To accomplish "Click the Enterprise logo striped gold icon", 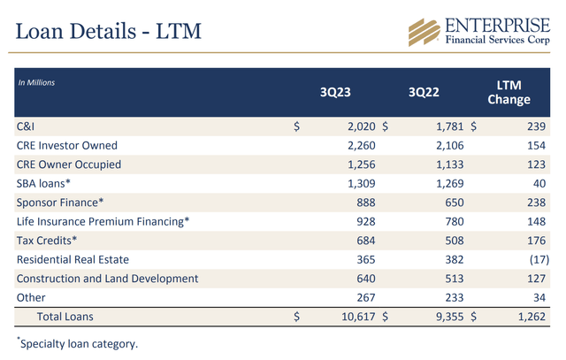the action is pos(424,33).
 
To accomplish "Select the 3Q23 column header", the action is pos(335,92).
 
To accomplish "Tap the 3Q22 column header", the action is pos(424,92).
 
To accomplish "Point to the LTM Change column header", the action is pos(509,92).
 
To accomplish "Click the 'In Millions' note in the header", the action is pos(36,82).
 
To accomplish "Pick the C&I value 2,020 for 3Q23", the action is pos(362,126).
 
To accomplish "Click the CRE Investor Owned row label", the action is pos(67,146).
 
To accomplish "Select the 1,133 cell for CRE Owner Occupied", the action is pos(450,165).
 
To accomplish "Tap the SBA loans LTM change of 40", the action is pos(539,183).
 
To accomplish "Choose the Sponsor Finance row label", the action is pos(60,203).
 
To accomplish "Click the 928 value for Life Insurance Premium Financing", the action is pos(366,222).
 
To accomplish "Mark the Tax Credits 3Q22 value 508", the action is pos(454,241).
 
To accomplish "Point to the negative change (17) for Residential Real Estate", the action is pos(539,260).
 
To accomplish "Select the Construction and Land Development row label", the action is pos(108,279).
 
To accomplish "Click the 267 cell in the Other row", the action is pos(366,297).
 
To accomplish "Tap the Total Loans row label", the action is pos(65,317).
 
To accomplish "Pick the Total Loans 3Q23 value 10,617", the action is pos(358,317).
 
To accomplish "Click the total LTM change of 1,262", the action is pos(532,317).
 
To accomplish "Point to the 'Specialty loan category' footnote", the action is pos(78,343).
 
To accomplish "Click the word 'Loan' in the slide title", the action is pos(40,31).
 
